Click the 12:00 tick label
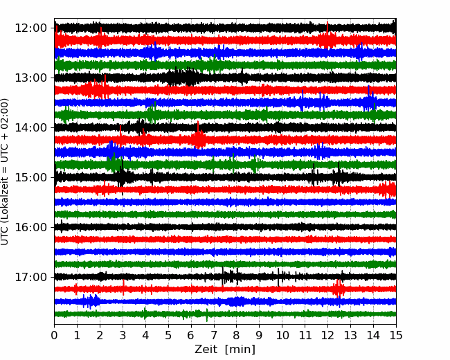30,28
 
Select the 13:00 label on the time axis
30,78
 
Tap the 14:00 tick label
30,127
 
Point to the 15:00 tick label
30,177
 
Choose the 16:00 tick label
30,227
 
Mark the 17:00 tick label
30,277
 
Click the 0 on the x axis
54,335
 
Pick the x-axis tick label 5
168,335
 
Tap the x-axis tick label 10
282,335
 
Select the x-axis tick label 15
396,335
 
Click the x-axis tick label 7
214,335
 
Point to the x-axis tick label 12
327,335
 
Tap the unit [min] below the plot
240,350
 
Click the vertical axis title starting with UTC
5,172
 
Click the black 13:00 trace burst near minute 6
183,77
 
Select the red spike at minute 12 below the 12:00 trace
327,35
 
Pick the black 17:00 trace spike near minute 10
278,277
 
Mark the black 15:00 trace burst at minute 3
122,177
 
